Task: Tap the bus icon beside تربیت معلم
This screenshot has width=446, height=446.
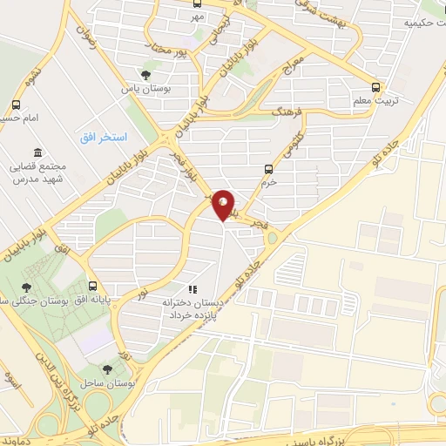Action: pos(376,87)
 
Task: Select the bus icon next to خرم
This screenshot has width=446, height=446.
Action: pos(268,169)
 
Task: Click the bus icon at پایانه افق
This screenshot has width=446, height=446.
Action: pos(92,286)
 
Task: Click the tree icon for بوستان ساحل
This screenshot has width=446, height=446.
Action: pos(108,369)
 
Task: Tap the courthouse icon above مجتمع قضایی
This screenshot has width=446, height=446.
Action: pos(37,152)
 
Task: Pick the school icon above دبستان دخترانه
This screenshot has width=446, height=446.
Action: pos(192,289)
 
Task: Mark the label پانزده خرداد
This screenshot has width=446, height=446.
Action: pos(191,313)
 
